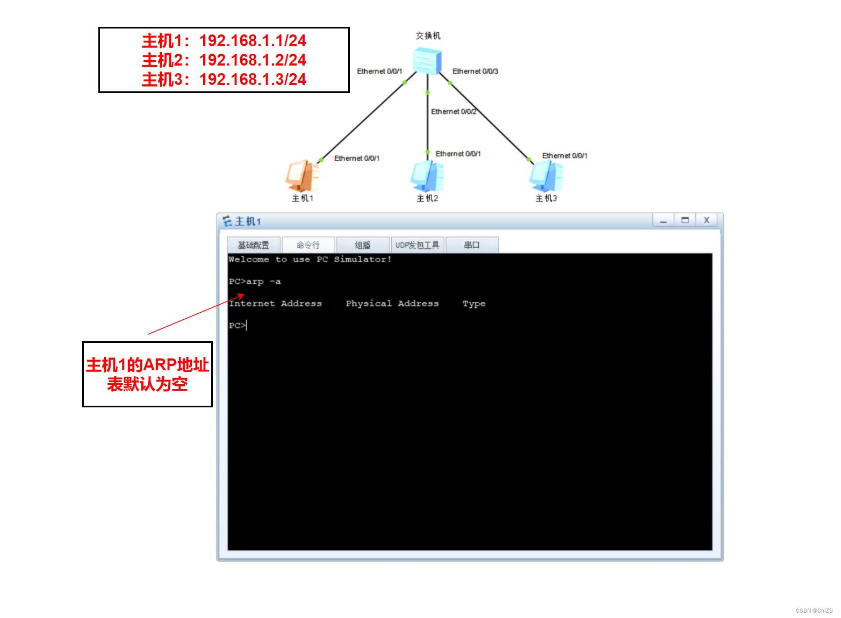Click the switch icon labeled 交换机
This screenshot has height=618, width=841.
coord(427,61)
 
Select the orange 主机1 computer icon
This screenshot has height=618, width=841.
coord(302,176)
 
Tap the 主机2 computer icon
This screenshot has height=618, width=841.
coord(427,176)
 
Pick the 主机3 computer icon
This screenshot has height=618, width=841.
coord(546,176)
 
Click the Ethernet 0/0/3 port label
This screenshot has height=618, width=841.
coord(475,71)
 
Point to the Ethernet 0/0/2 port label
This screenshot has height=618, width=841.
coord(453,112)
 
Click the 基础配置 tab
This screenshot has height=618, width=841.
coord(254,245)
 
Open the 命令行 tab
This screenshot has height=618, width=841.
coord(308,245)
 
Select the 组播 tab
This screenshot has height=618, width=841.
coord(363,245)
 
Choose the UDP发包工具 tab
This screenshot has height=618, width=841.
coord(418,245)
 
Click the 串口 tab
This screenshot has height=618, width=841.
coord(472,245)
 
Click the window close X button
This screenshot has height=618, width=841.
coord(707,220)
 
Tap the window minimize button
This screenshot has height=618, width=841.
coord(664,220)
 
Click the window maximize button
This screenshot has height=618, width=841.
coord(685,220)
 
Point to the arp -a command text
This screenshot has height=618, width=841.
coord(263,282)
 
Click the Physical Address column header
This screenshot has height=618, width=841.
coord(392,304)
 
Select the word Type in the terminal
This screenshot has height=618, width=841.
coord(474,304)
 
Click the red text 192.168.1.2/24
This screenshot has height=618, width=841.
coord(253,60)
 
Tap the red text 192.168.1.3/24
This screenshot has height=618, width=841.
coord(253,80)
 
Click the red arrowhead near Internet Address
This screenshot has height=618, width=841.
coord(242,296)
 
